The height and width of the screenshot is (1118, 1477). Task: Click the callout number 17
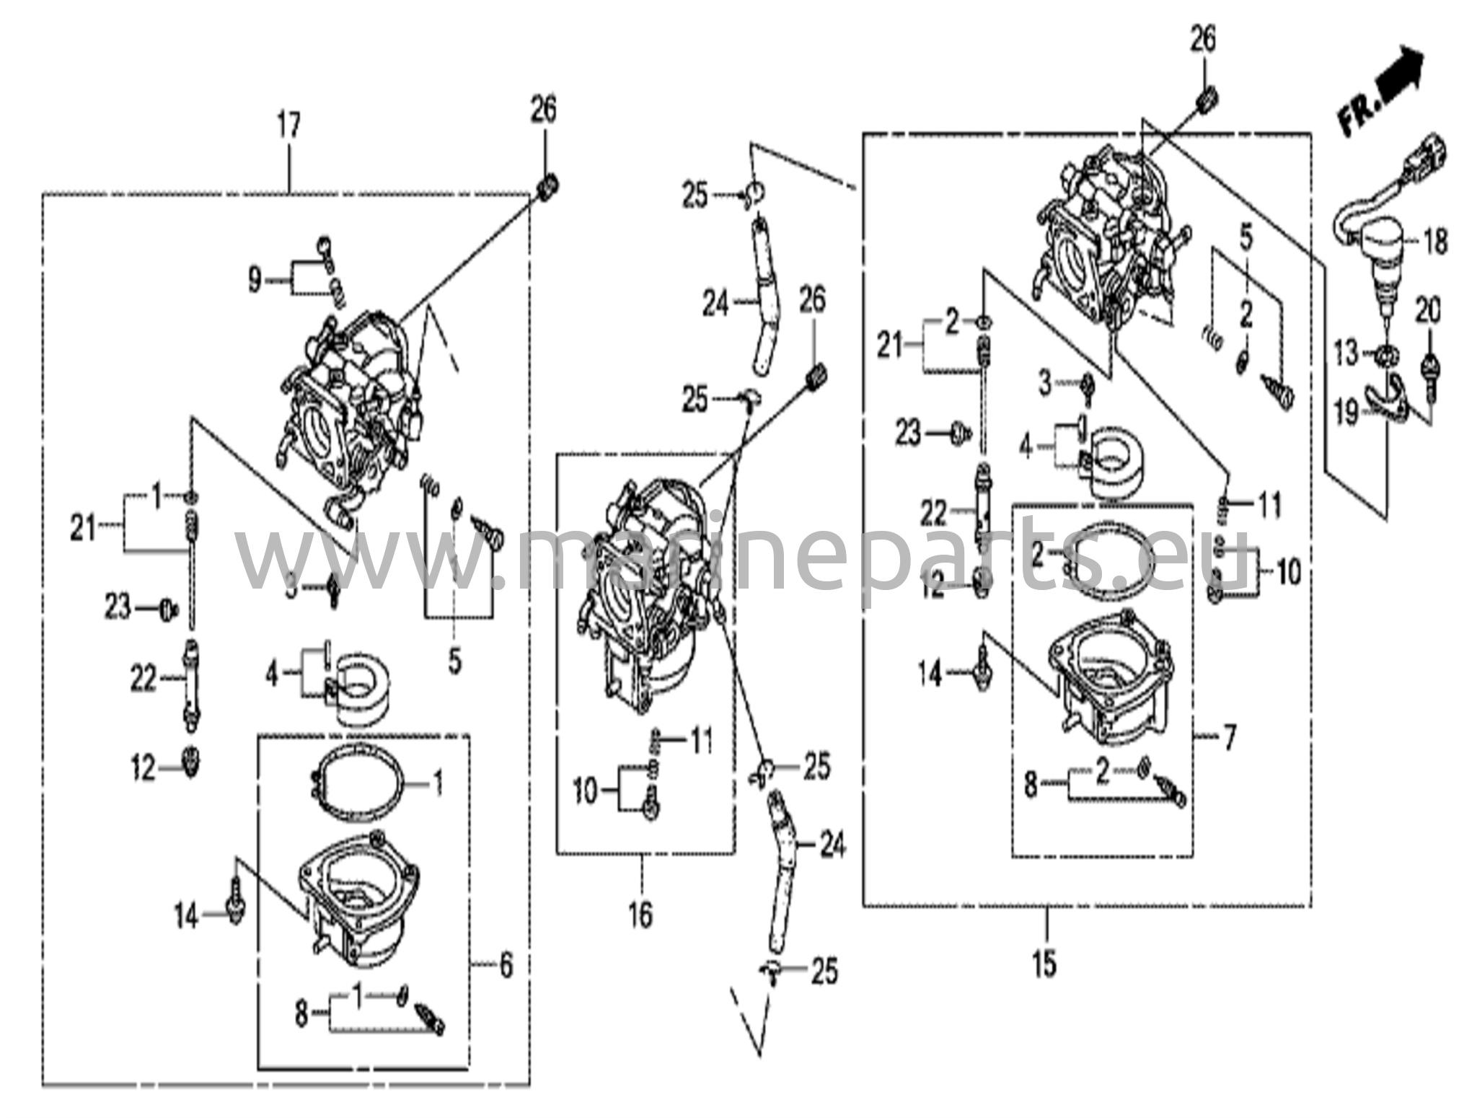pos(288,127)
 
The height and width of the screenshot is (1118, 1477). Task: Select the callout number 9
pos(255,280)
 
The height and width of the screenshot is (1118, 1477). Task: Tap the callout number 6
pos(506,964)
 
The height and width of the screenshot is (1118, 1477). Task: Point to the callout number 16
pos(640,915)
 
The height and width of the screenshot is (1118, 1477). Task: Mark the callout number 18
pos(1435,241)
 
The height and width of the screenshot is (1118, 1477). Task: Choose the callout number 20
pos(1427,312)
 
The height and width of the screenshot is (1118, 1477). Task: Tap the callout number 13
pos(1345,353)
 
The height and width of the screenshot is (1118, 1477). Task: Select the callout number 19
pos(1346,412)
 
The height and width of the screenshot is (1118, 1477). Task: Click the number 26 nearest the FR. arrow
pos(1202,40)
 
